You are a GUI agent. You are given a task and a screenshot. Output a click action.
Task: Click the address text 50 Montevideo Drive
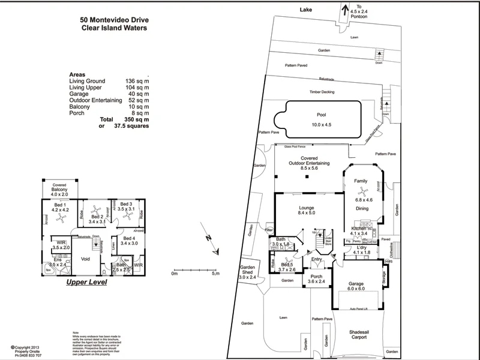[114, 19]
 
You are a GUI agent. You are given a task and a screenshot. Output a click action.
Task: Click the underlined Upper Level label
[86, 281]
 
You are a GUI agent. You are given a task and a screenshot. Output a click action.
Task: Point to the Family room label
[361, 181]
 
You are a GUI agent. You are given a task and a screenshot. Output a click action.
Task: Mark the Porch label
[316, 276]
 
